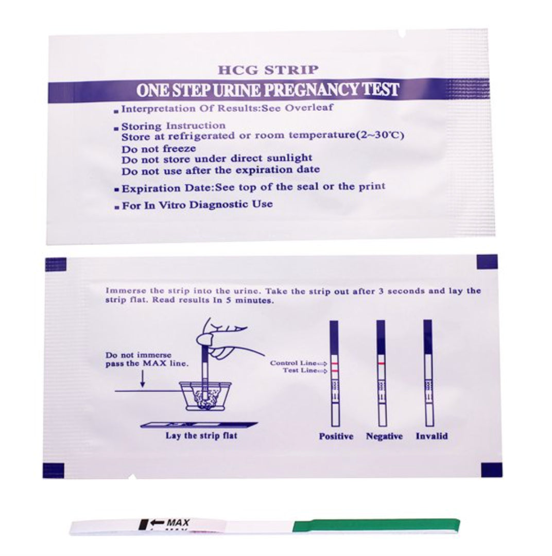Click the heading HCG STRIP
coord(268,69)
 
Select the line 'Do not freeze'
coord(159,149)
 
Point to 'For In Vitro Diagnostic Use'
coord(197,205)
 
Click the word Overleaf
coord(309,108)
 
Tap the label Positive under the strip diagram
coord(336,436)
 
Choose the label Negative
coord(384,436)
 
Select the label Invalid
coord(432,436)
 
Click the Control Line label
coord(294,363)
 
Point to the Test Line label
coord(300,371)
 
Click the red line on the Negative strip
coord(381,364)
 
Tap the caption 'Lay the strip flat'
coord(201,436)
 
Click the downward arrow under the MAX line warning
coord(143,379)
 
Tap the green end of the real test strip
coord(376,526)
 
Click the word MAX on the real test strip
coord(178,523)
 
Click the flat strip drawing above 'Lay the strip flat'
coord(199,424)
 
